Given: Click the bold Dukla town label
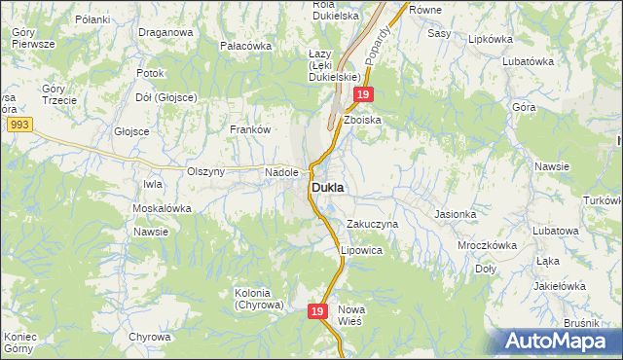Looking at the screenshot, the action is (x=332, y=186).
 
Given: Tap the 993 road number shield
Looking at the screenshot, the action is (x=18, y=126).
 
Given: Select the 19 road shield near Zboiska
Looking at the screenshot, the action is (x=362, y=94).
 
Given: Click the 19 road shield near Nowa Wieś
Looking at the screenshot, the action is (x=317, y=310).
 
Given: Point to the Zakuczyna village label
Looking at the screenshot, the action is (x=373, y=224).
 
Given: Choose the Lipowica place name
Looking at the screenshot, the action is (x=361, y=250).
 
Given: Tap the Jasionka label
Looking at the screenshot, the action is (x=455, y=214).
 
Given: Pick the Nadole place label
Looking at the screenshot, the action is (x=281, y=172).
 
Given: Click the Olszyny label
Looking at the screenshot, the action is (x=205, y=172).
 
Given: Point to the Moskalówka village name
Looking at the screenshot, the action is (x=161, y=208).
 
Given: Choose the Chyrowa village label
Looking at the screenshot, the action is (x=149, y=337).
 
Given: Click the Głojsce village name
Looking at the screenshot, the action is (x=130, y=131).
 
